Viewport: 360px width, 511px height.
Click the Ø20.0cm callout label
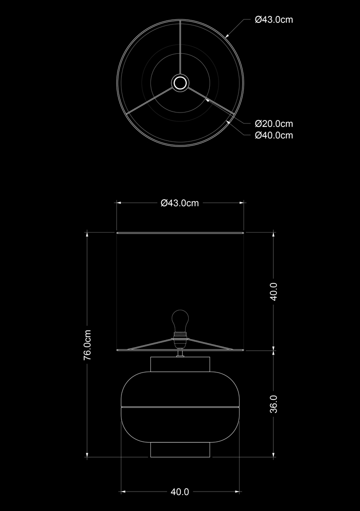tap(274, 124)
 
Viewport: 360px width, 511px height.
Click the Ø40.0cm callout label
tap(274, 135)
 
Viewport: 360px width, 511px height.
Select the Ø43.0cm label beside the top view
tap(274, 20)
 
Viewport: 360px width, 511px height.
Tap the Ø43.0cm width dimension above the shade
tap(180, 203)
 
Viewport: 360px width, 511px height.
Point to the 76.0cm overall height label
tap(87, 345)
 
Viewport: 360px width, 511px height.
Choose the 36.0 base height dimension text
tap(274, 404)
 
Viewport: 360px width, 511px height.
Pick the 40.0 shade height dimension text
tap(274, 292)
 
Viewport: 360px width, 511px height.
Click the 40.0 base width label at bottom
tap(180, 492)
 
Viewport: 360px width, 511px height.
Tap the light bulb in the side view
tap(180, 321)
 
